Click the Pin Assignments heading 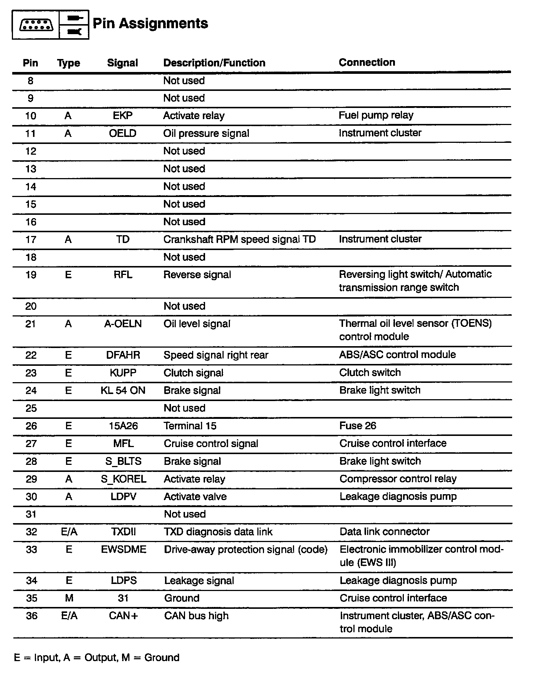[150, 23]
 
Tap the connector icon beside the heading [36, 25]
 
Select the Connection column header [367, 62]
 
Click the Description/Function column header [214, 63]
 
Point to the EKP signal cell [122, 115]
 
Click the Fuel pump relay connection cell [376, 115]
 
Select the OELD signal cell [122, 133]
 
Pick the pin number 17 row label [31, 239]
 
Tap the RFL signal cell [123, 275]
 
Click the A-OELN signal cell [123, 324]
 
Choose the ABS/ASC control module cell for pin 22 [397, 355]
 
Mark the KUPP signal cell [123, 373]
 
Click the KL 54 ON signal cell [123, 390]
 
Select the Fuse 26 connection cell [357, 426]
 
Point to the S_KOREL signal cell [123, 479]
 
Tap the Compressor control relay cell [398, 479]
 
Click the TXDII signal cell [123, 532]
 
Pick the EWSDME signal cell [123, 549]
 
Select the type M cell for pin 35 [69, 598]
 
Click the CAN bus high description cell [196, 616]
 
